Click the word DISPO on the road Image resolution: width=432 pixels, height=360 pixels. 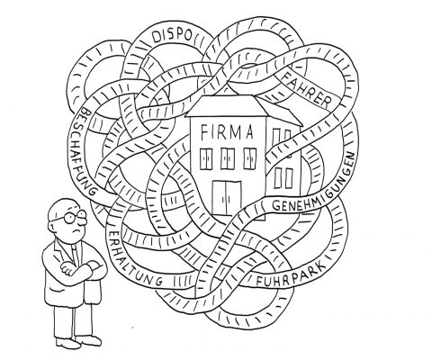point(172,36)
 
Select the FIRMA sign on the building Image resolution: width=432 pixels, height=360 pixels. point(227,132)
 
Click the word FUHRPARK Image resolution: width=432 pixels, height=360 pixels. point(291,275)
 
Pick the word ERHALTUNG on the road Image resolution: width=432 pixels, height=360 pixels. point(134,259)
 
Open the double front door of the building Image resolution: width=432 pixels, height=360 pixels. point(227,198)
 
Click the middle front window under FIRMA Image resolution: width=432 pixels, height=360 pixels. point(228,158)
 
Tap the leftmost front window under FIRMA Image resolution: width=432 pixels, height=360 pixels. point(206,158)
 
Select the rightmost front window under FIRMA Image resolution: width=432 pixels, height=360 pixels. point(250,158)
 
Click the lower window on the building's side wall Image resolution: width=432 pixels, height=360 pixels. point(283,177)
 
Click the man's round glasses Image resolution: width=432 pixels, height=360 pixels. point(74,217)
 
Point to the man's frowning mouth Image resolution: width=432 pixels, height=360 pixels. point(77,231)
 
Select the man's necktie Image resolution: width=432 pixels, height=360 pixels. point(76,255)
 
